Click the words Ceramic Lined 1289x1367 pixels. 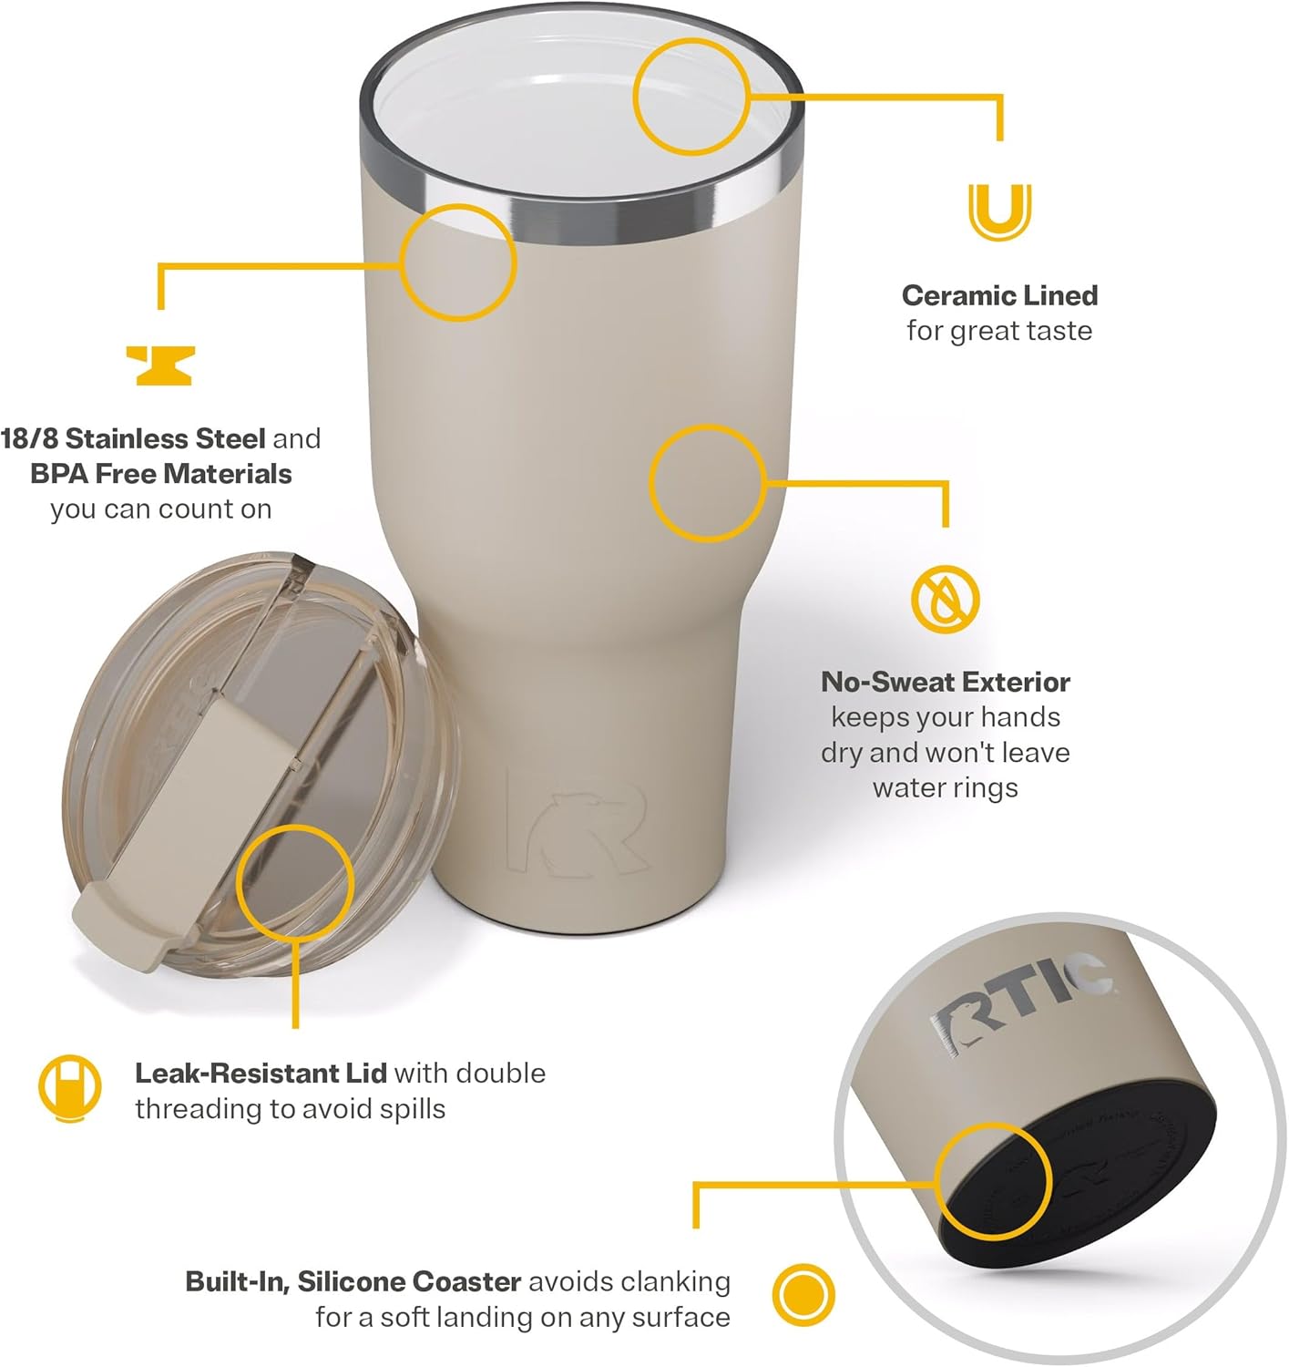tap(999, 295)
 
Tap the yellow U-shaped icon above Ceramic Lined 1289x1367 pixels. tap(999, 211)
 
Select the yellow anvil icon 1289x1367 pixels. tap(159, 365)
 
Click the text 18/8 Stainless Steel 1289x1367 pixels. tap(133, 438)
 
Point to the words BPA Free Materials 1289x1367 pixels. tap(161, 474)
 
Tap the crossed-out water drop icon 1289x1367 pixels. tap(945, 600)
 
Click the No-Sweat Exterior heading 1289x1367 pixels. tap(945, 682)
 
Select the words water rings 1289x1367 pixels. tap(945, 787)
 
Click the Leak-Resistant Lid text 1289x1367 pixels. tap(261, 1073)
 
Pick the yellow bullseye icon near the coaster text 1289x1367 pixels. tap(803, 1295)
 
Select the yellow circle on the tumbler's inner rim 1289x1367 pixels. tap(691, 97)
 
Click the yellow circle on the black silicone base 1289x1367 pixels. tap(994, 1181)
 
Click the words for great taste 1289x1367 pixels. tap(999, 331)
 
